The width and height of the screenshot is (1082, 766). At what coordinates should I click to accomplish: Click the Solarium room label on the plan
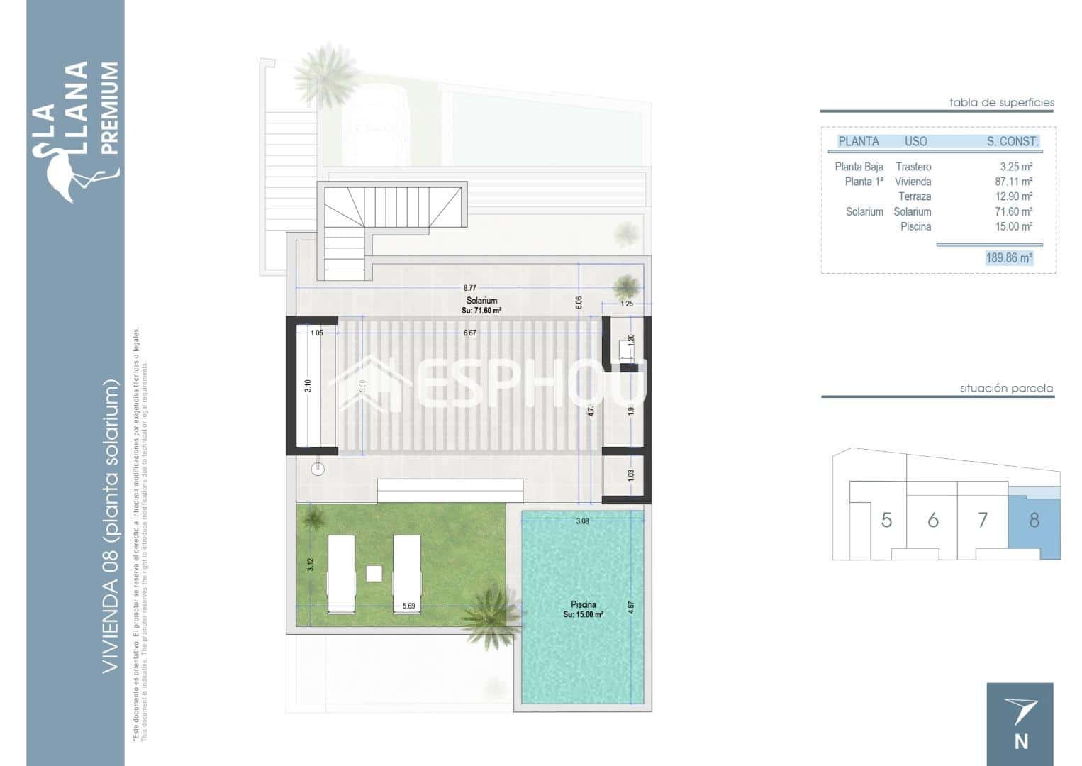481,301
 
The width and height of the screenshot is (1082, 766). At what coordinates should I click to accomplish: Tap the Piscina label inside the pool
583,605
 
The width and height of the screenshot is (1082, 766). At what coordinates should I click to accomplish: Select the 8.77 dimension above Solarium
469,288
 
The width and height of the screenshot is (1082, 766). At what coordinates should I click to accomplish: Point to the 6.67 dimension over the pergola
469,333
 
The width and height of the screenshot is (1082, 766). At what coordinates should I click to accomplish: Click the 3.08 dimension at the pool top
582,521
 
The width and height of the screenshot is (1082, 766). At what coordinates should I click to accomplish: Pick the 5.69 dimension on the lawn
408,606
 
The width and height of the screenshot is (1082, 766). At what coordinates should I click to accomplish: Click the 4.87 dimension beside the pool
630,608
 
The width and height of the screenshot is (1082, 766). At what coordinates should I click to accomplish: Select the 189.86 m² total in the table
1008,258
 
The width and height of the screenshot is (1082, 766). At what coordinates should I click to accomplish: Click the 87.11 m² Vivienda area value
1013,182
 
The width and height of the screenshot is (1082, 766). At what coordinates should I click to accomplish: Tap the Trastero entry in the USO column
913,167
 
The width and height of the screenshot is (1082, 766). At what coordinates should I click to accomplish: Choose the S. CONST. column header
1012,141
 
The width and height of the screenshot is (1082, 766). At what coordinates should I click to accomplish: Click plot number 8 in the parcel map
1034,521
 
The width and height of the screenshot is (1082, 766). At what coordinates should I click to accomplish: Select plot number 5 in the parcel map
886,521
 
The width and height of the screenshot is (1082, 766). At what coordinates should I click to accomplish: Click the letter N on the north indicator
1021,742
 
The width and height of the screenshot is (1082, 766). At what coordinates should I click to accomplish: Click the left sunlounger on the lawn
341,573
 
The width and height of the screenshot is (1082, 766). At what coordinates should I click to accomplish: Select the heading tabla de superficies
1001,103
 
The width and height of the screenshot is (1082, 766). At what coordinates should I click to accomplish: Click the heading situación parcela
1006,389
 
